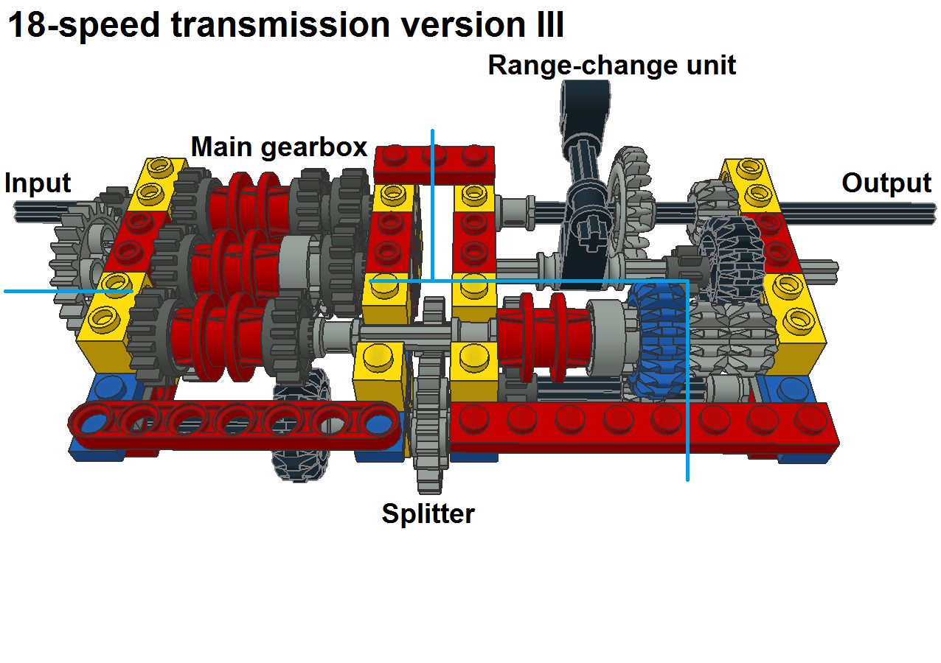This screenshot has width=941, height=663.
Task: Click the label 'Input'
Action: pos(38,183)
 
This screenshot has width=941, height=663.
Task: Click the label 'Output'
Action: pos(886,183)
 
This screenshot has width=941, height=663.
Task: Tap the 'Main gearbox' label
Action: pos(279,147)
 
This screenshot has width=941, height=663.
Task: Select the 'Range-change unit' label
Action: pos(611,65)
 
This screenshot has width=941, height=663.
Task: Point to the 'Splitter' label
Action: pos(428,513)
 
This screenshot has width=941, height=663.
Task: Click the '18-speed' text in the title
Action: pos(84,25)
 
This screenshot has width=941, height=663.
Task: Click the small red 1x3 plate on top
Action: pos(434,162)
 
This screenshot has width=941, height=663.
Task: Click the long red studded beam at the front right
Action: pos(642,427)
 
